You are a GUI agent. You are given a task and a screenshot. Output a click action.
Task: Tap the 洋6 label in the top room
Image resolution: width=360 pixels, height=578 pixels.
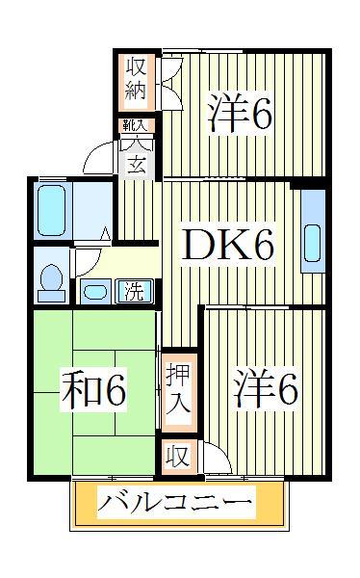240,115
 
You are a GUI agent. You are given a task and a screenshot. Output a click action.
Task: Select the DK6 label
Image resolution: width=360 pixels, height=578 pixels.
230,247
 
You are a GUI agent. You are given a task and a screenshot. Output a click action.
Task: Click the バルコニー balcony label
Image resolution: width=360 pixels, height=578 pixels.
177,503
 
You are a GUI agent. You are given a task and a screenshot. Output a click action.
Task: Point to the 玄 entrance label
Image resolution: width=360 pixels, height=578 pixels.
137,161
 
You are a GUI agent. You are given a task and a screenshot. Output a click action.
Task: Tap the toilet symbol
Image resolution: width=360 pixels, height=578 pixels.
50,276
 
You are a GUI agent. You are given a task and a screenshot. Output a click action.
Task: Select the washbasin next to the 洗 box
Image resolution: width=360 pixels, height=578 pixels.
96,290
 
